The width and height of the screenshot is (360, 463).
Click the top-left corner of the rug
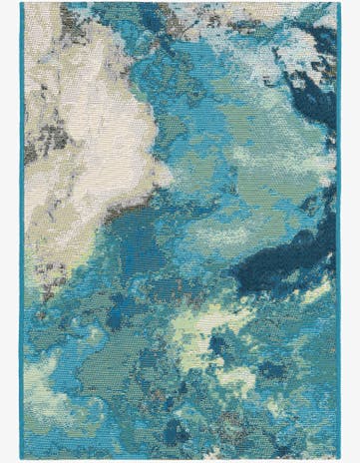21,3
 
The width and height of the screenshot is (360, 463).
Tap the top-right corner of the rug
338,3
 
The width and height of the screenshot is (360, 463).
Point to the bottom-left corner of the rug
21,460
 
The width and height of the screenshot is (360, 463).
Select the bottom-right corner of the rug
338,460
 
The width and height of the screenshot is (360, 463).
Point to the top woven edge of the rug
180,4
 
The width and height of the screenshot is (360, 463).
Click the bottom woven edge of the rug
180,458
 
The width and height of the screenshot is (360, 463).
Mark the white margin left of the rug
9,230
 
